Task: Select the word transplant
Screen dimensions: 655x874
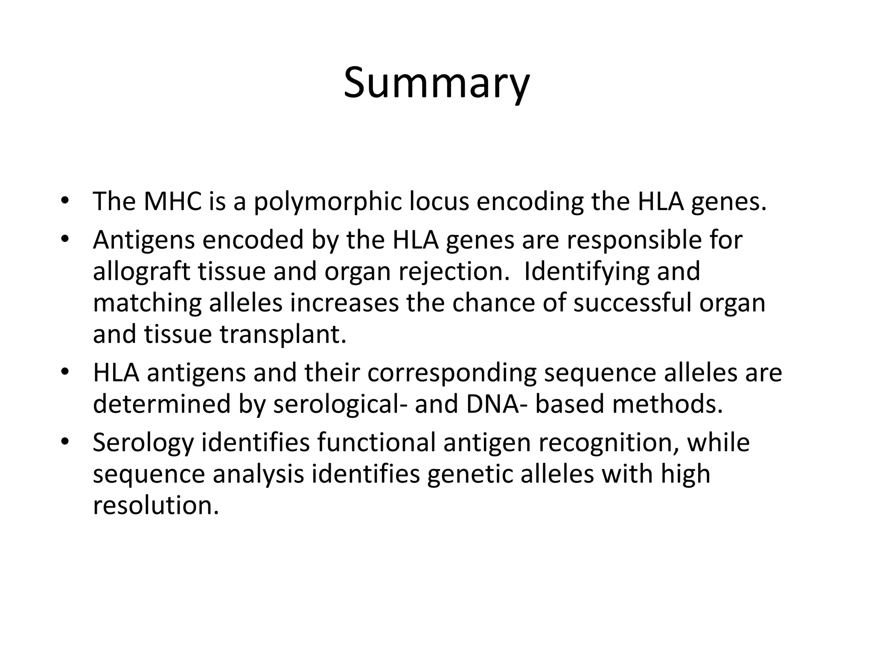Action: pos(283,335)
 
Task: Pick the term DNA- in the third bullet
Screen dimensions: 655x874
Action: pos(497,404)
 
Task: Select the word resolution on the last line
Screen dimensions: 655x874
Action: pos(156,505)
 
